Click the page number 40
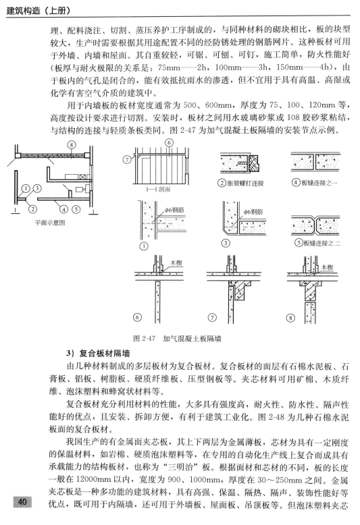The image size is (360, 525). click(22, 501)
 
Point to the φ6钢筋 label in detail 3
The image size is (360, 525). click(253, 211)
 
